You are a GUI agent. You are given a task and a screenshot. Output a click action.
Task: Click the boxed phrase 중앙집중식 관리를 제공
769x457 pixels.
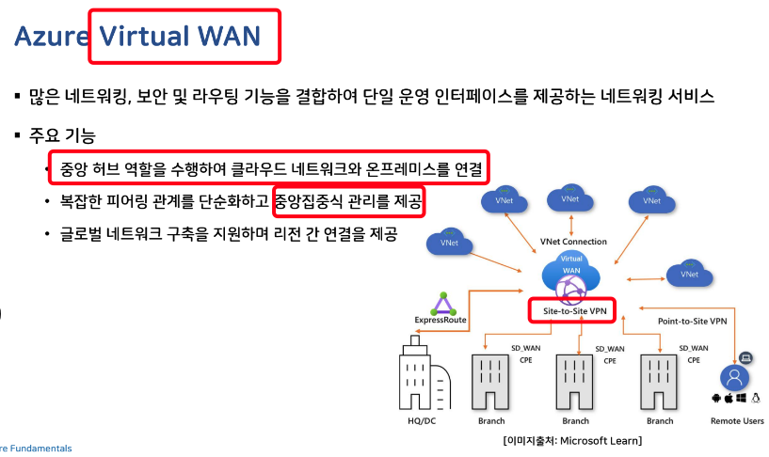pyautogui.click(x=348, y=200)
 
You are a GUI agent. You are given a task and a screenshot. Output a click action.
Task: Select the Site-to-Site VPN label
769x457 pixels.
pyautogui.click(x=572, y=309)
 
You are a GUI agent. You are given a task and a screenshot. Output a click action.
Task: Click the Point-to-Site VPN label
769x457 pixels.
pyautogui.click(x=692, y=321)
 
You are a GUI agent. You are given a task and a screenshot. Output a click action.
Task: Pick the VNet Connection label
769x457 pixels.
pyautogui.click(x=574, y=242)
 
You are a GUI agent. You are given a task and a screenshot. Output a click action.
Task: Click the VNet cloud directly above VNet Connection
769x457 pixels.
pyautogui.click(x=569, y=200)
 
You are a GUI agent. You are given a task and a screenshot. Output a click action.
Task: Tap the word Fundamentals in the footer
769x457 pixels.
pyautogui.click(x=40, y=449)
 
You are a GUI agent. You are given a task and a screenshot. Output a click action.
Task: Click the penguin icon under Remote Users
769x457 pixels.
pyautogui.click(x=757, y=399)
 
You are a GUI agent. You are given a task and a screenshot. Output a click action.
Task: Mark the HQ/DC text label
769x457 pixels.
pyautogui.click(x=421, y=420)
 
